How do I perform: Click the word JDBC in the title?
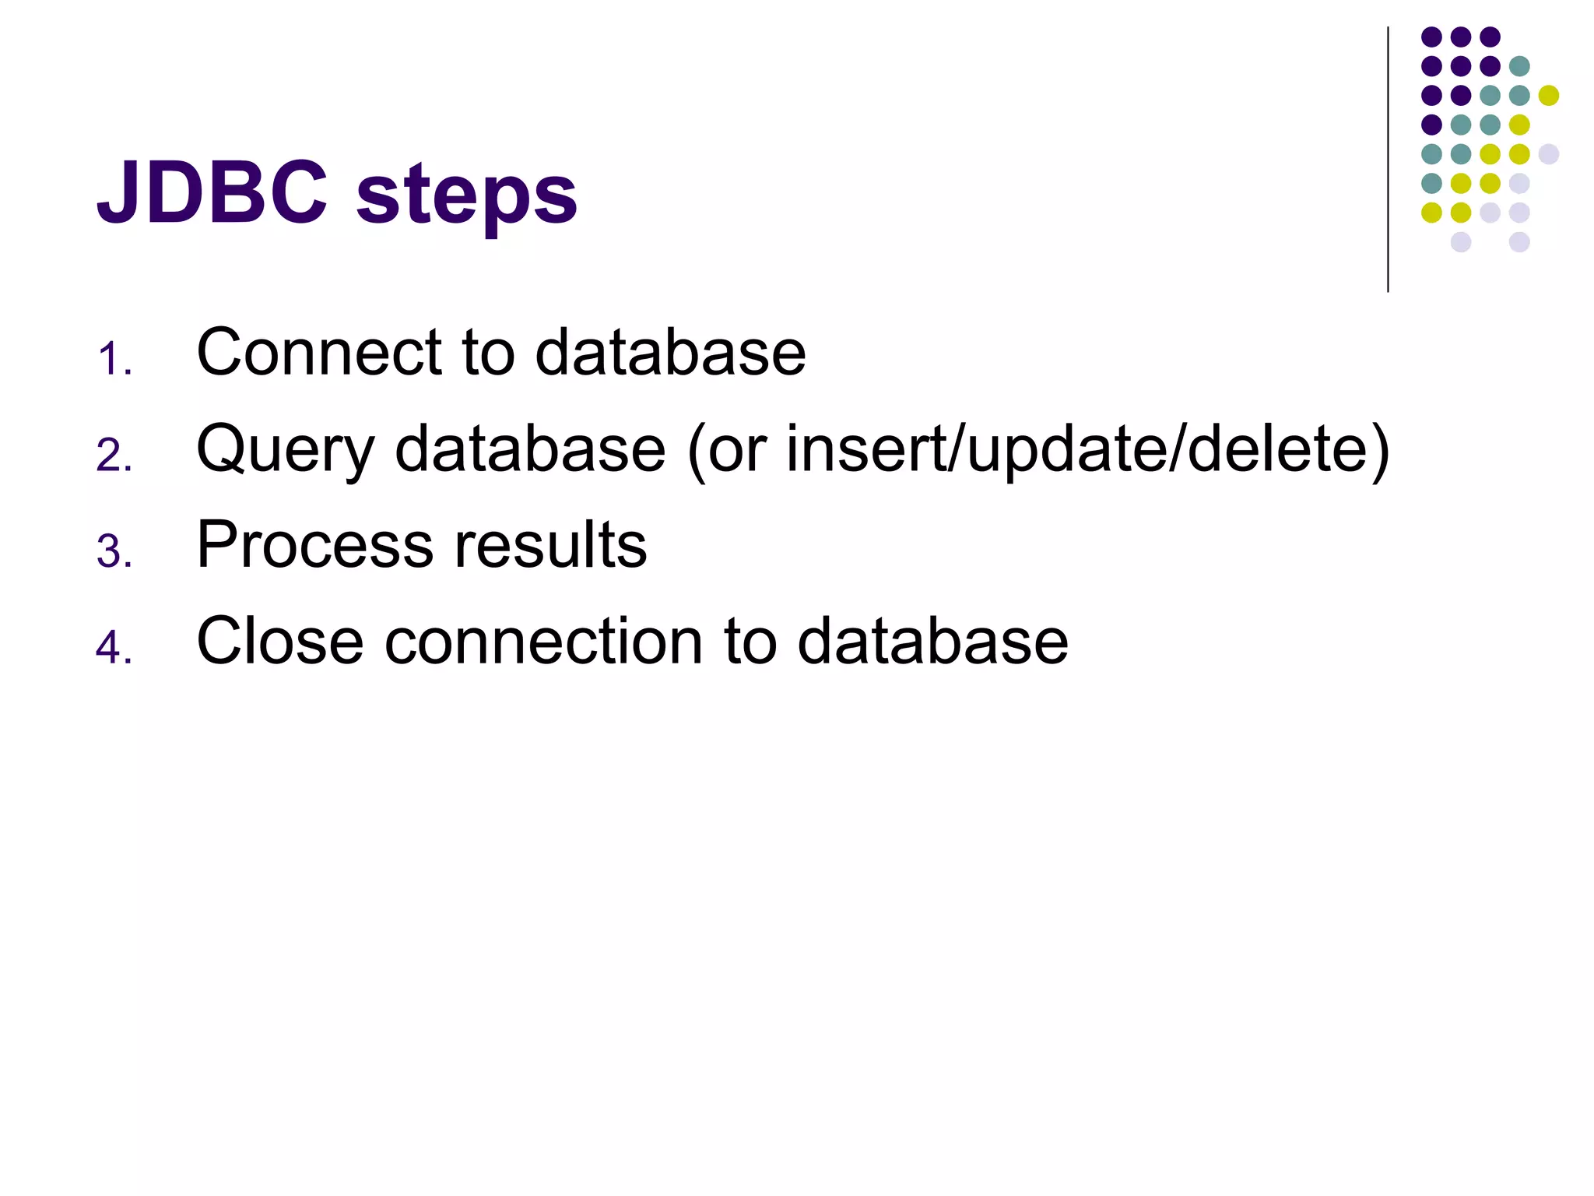pyautogui.click(x=212, y=192)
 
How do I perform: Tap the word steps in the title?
pyautogui.click(x=466, y=195)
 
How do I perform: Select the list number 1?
pyautogui.click(x=114, y=360)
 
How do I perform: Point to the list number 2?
pyautogui.click(x=114, y=456)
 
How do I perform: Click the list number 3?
pyautogui.click(x=114, y=552)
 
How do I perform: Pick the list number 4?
pyautogui.click(x=114, y=648)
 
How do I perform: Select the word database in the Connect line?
pyautogui.click(x=670, y=352)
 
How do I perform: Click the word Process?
pyautogui.click(x=314, y=544)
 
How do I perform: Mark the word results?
pyautogui.click(x=550, y=544)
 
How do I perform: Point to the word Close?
pyautogui.click(x=280, y=641)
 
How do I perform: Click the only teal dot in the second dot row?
pyautogui.click(x=1519, y=66)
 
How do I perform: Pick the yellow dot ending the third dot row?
pyautogui.click(x=1549, y=96)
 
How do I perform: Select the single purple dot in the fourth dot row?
pyautogui.click(x=1431, y=125)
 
